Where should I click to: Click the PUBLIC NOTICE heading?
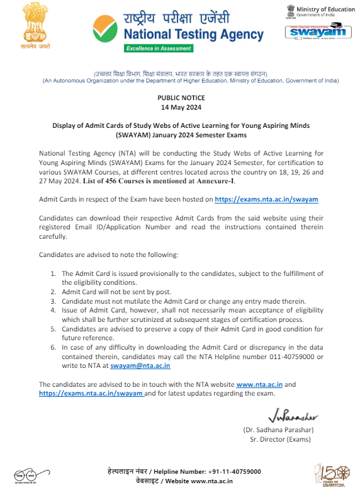pyautogui.click(x=181, y=98)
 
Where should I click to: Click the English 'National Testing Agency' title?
pyautogui.click(x=194, y=34)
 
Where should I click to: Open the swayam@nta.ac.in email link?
pyautogui.click(x=140, y=365)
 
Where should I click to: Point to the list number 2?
pyautogui.click(x=53, y=293)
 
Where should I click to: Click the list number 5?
pyautogui.click(x=53, y=329)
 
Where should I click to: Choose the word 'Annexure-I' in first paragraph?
pyautogui.click(x=217, y=180)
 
